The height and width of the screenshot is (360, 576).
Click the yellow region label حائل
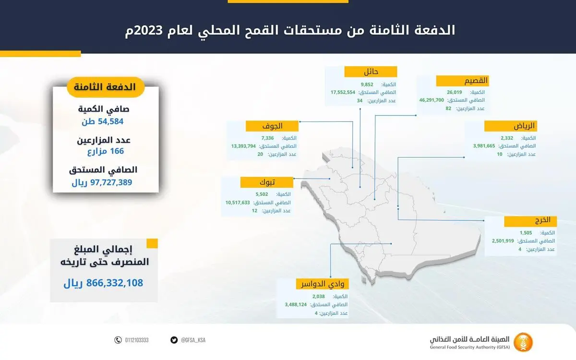(x=371, y=72)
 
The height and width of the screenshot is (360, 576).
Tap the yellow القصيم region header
(x=462, y=81)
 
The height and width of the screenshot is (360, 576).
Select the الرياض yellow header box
(x=510, y=126)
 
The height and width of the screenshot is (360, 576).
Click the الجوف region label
(x=272, y=126)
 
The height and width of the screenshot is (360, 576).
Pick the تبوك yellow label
(x=267, y=182)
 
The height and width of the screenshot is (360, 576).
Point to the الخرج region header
(x=530, y=221)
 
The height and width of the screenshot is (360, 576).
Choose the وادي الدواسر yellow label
(x=322, y=284)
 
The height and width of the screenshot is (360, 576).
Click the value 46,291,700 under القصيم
(x=432, y=100)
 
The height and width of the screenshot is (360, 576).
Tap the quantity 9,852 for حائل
(x=367, y=84)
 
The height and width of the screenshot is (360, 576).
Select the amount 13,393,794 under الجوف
(x=243, y=146)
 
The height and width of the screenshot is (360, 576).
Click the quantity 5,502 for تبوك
(x=262, y=194)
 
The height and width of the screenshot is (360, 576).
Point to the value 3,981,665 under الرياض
(x=484, y=146)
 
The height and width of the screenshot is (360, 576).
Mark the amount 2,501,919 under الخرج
(x=503, y=240)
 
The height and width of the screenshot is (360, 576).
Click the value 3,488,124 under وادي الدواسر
(x=296, y=304)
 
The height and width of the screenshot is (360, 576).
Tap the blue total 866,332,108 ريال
(x=103, y=283)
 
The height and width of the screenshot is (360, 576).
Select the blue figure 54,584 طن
(x=103, y=121)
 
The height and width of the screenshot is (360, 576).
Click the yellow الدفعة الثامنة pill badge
(x=106, y=87)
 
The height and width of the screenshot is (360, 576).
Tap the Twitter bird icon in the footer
(x=174, y=340)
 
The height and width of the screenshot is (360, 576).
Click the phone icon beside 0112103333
(x=118, y=340)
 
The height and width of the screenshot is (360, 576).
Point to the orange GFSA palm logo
(x=523, y=342)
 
